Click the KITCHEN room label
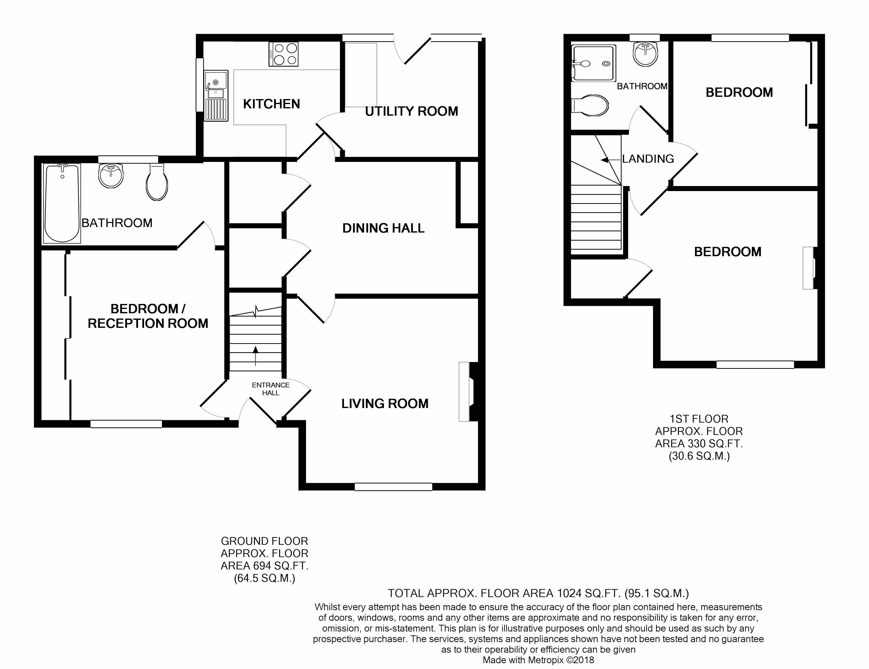tap(271, 104)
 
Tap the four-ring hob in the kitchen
tap(284, 54)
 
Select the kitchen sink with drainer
tap(216, 96)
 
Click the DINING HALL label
tap(383, 228)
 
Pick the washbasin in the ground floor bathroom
tap(111, 175)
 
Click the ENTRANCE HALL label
tap(271, 389)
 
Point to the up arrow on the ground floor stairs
tap(255, 355)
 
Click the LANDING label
tap(648, 159)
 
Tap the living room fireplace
tap(468, 391)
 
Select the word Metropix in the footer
tap(546, 660)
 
